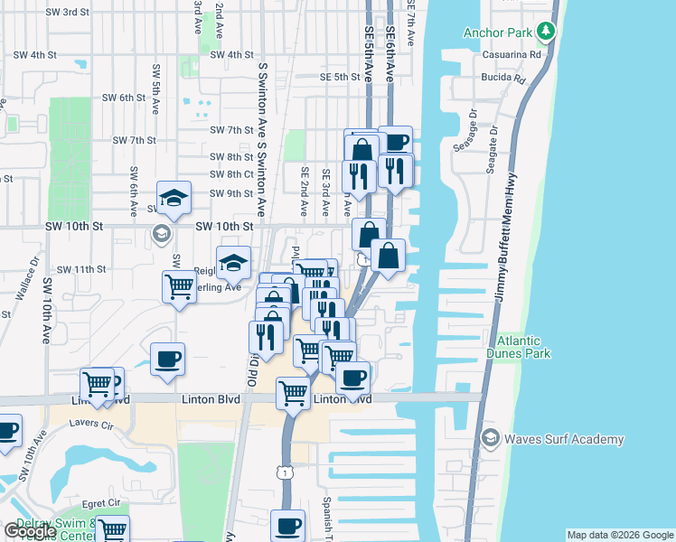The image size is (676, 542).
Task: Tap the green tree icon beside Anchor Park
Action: point(546,33)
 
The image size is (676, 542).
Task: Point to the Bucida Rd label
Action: point(508,79)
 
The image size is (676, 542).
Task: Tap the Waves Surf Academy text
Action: point(564,440)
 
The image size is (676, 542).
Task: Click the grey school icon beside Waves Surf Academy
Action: point(491,439)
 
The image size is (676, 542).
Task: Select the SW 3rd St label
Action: point(63,12)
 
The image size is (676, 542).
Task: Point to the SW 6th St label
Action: point(124,98)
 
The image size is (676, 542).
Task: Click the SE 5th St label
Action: point(340,78)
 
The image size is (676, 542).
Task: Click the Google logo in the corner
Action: point(29,531)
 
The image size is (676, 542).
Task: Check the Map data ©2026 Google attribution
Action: point(621,535)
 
